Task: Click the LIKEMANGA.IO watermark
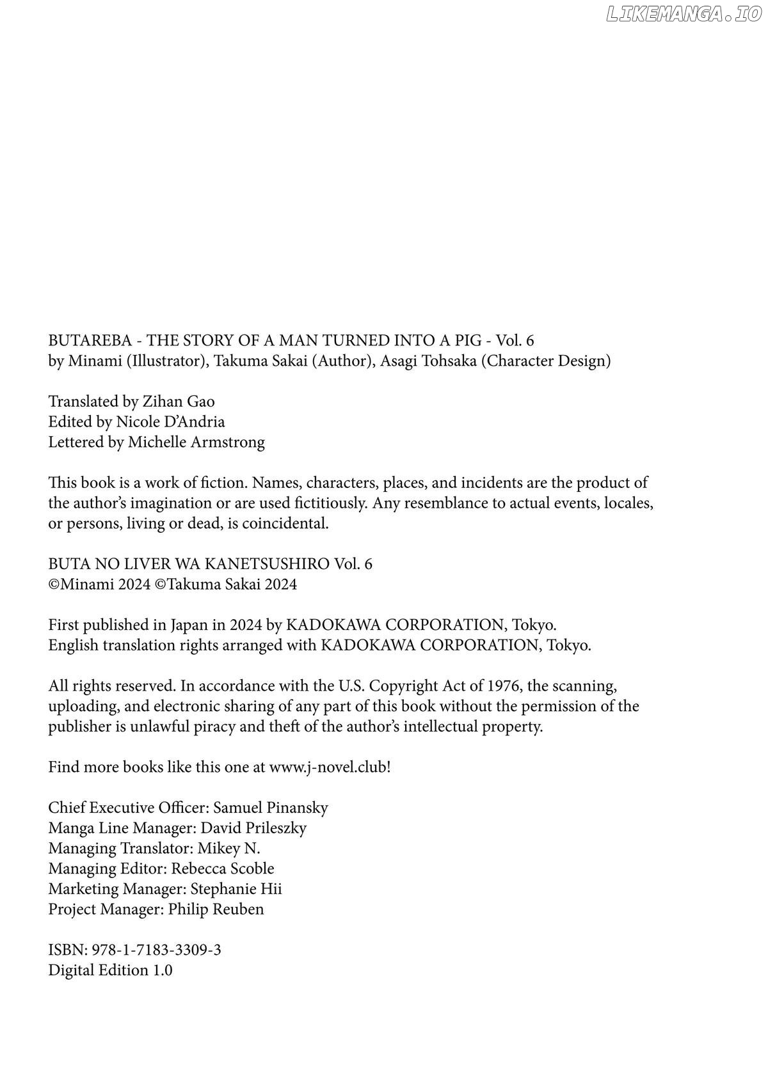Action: click(683, 15)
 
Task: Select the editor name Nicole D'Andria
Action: click(170, 422)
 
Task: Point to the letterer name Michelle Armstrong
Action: click(196, 443)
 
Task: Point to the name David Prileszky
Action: click(253, 828)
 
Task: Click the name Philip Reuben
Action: click(216, 909)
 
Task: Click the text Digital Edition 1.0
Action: click(110, 971)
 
